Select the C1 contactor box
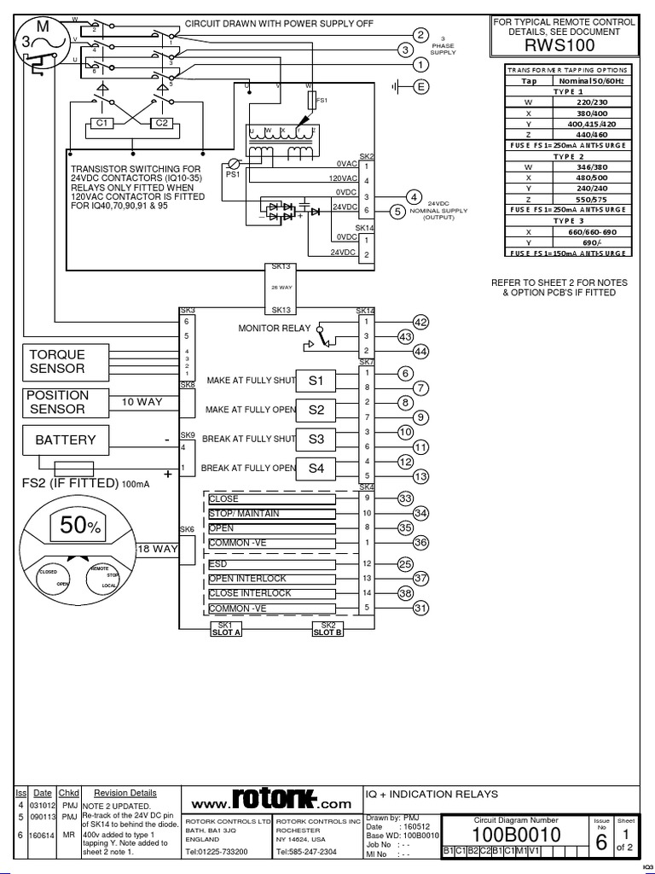(104, 123)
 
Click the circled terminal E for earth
(420, 85)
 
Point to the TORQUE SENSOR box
(57, 362)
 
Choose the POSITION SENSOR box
(57, 402)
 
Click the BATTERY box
(65, 440)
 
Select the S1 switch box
(316, 380)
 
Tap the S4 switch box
(316, 469)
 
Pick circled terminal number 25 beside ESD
(405, 564)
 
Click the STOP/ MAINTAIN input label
(243, 514)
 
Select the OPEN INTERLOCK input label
(248, 579)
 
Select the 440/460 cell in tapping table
(591, 135)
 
